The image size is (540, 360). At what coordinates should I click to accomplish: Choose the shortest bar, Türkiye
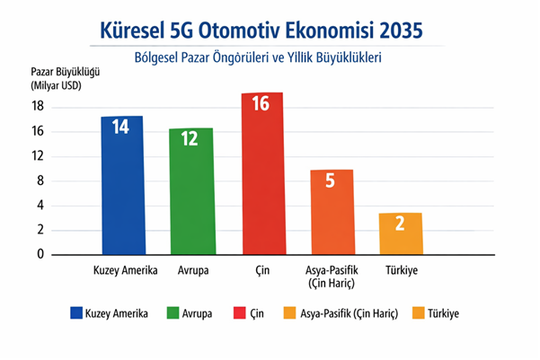(401, 233)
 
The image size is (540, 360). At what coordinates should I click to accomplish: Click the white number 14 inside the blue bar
(121, 127)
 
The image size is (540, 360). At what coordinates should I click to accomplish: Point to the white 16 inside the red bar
(261, 103)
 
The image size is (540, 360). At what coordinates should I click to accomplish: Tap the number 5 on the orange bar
(331, 180)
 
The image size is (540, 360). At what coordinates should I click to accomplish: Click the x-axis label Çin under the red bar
(261, 270)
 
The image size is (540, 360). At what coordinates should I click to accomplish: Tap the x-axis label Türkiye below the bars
(401, 270)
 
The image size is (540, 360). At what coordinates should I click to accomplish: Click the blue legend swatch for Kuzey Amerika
(77, 314)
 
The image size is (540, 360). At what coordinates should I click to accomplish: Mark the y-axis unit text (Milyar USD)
(46, 85)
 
